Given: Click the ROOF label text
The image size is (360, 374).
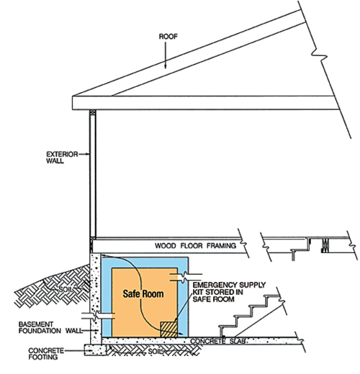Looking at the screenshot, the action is click(168, 37).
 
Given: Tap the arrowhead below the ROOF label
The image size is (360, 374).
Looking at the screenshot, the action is click(165, 66).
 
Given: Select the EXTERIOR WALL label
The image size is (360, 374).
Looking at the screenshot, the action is click(62, 158).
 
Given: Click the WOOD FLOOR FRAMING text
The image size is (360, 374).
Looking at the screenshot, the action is click(195, 245).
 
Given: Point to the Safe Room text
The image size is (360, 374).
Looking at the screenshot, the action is click(143, 293).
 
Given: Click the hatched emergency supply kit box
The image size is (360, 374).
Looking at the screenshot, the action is click(168, 329).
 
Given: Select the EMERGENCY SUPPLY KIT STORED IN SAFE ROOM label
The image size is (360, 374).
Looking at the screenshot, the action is click(229, 292).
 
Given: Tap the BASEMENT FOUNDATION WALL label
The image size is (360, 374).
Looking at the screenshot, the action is click(50, 327).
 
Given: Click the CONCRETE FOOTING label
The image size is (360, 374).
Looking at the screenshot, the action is click(46, 354).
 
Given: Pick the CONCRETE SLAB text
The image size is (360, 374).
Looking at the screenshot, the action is click(218, 341).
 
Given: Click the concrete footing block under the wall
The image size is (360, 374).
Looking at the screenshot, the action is click(95, 350).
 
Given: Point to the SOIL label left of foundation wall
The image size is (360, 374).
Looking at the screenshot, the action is click(66, 289).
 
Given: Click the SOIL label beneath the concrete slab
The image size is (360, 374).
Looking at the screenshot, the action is click(155, 352).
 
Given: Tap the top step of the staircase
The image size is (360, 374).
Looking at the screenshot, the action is click(272, 296).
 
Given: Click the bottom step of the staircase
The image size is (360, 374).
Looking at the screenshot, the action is click(227, 327).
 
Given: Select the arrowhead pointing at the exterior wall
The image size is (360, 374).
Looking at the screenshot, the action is click(88, 154).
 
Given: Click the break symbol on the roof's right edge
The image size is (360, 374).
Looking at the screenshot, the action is click(320, 56).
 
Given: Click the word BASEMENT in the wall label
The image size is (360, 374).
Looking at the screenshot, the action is click(36, 324).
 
